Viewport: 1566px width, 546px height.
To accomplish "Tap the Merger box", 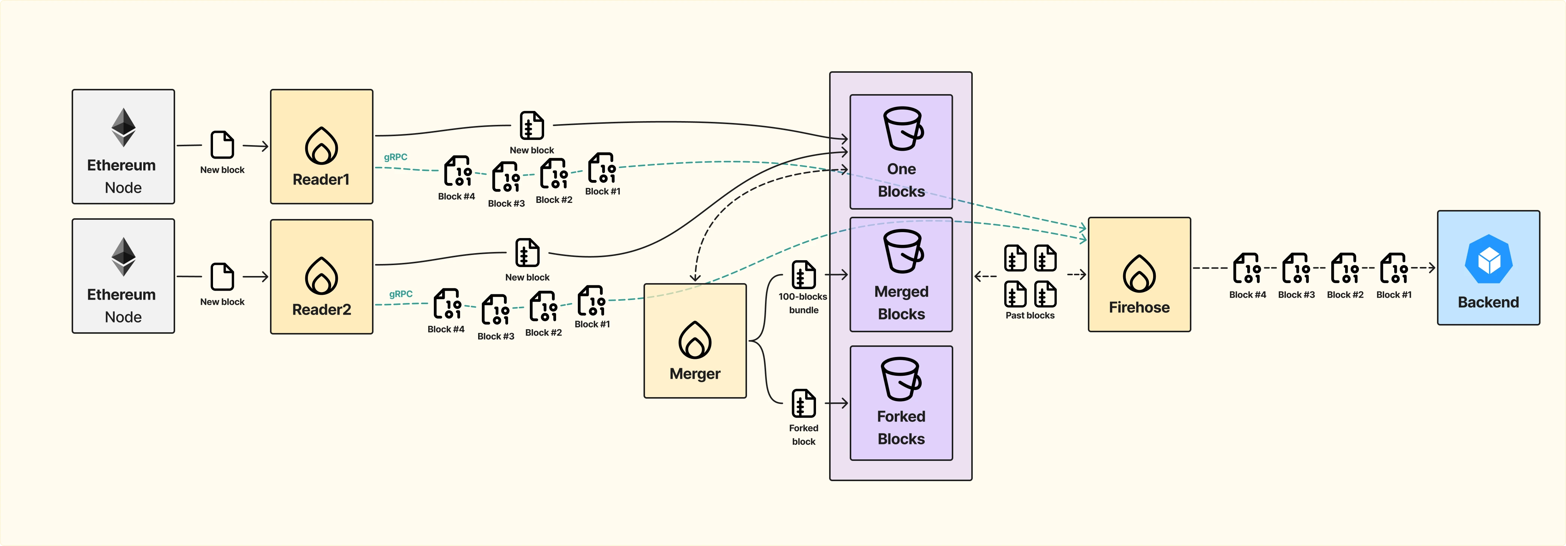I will click(695, 340).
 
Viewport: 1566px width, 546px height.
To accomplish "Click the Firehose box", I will click(1138, 274).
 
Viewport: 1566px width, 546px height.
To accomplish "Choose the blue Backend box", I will click(1488, 267).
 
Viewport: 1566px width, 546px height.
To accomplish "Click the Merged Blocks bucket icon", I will click(903, 251).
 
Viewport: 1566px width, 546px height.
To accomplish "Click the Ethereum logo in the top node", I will click(123, 127).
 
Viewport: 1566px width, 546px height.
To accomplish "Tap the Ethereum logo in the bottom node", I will click(123, 256).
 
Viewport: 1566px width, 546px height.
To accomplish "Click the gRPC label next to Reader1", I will click(395, 157).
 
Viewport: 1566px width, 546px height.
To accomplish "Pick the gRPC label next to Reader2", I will click(400, 294).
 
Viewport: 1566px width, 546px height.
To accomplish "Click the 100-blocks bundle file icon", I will click(803, 275).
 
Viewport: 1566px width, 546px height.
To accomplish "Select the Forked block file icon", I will click(803, 403).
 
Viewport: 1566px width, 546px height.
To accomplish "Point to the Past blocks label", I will click(1029, 315).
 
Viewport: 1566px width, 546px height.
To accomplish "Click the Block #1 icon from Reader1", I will click(602, 168).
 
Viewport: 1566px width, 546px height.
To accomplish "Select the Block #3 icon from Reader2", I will click(495, 310).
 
